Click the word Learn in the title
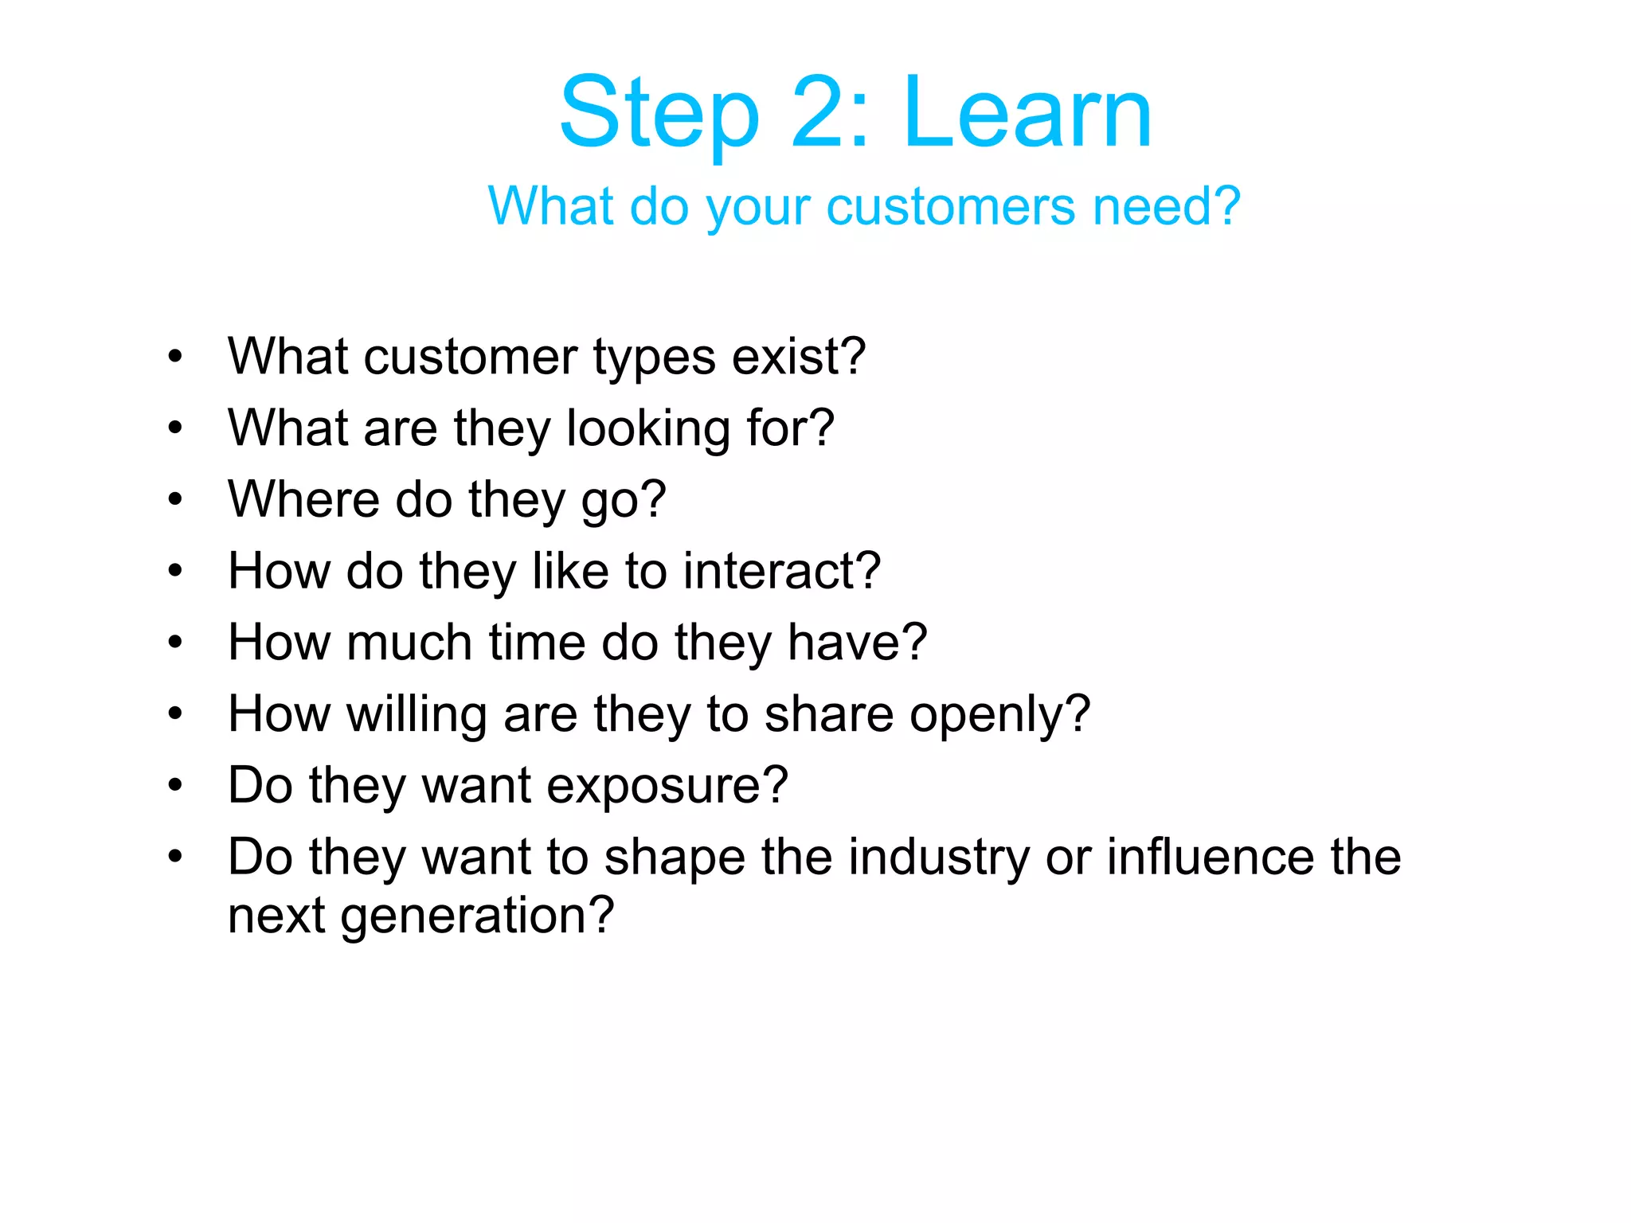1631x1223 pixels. pyautogui.click(x=1027, y=113)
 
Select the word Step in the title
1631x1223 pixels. pyautogui.click(x=659, y=113)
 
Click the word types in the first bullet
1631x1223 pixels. pyautogui.click(x=654, y=358)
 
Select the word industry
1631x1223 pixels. pyautogui.click(x=938, y=858)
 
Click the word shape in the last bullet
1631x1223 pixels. pyautogui.click(x=675, y=858)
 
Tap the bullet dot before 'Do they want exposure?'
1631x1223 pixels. pyautogui.click(x=175, y=786)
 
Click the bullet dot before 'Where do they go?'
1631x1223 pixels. pyautogui.click(x=175, y=500)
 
